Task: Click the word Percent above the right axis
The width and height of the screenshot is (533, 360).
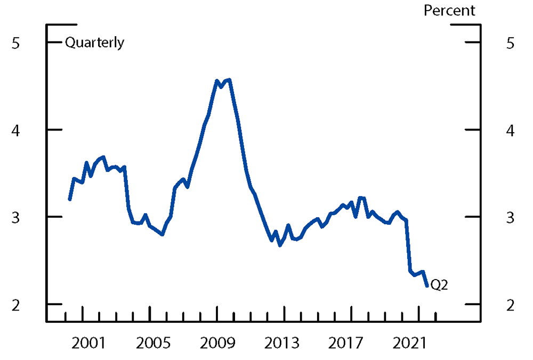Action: pos(449,11)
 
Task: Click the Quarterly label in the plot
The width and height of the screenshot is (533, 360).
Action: pos(94,43)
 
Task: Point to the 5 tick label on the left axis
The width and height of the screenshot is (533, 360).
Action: pos(15,43)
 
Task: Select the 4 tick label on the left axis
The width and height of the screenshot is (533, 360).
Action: pos(15,130)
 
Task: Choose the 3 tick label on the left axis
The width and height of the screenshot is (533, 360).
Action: pos(15,217)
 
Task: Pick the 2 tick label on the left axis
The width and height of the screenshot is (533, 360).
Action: pos(15,305)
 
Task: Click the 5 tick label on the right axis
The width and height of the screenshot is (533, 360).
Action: pos(511,43)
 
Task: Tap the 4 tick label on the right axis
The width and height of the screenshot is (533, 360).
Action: pos(511,130)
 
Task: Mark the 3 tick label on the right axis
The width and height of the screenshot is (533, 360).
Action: pos(511,217)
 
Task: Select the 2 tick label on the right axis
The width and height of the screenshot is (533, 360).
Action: pos(511,305)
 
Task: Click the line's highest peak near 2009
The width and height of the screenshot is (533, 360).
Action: pos(229,80)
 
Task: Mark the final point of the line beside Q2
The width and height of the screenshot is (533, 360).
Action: pos(427,286)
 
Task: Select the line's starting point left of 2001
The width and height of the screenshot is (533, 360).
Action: pos(70,199)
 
